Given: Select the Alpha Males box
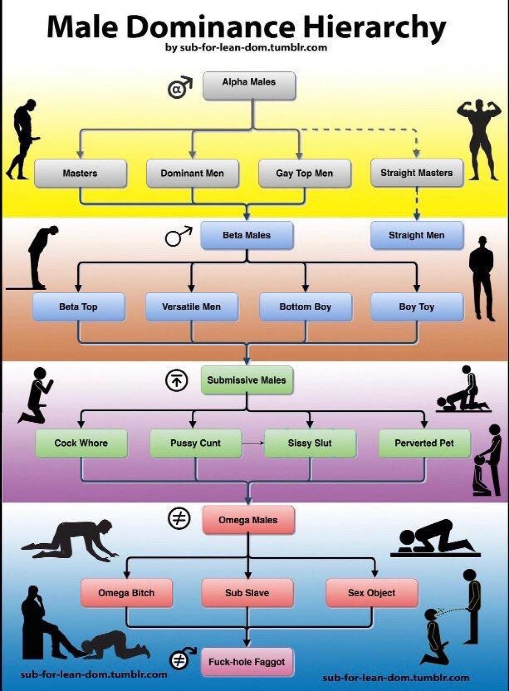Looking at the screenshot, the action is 249,86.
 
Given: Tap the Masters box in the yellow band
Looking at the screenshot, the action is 80,173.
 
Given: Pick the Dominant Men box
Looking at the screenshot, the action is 192,173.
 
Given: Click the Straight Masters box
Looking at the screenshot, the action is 417,173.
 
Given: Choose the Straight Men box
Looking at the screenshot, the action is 417,235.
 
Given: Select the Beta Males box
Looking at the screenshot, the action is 246,235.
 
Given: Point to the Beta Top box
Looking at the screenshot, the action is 78,306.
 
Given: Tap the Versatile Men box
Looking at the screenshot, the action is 191,306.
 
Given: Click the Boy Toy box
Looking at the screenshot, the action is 417,306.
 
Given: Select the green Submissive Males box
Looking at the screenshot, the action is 247,380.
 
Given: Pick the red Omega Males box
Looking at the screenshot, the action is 248,520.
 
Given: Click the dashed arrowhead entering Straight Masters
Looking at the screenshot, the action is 417,154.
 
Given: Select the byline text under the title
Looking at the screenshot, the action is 246,47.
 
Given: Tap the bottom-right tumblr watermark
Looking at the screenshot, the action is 396,677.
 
